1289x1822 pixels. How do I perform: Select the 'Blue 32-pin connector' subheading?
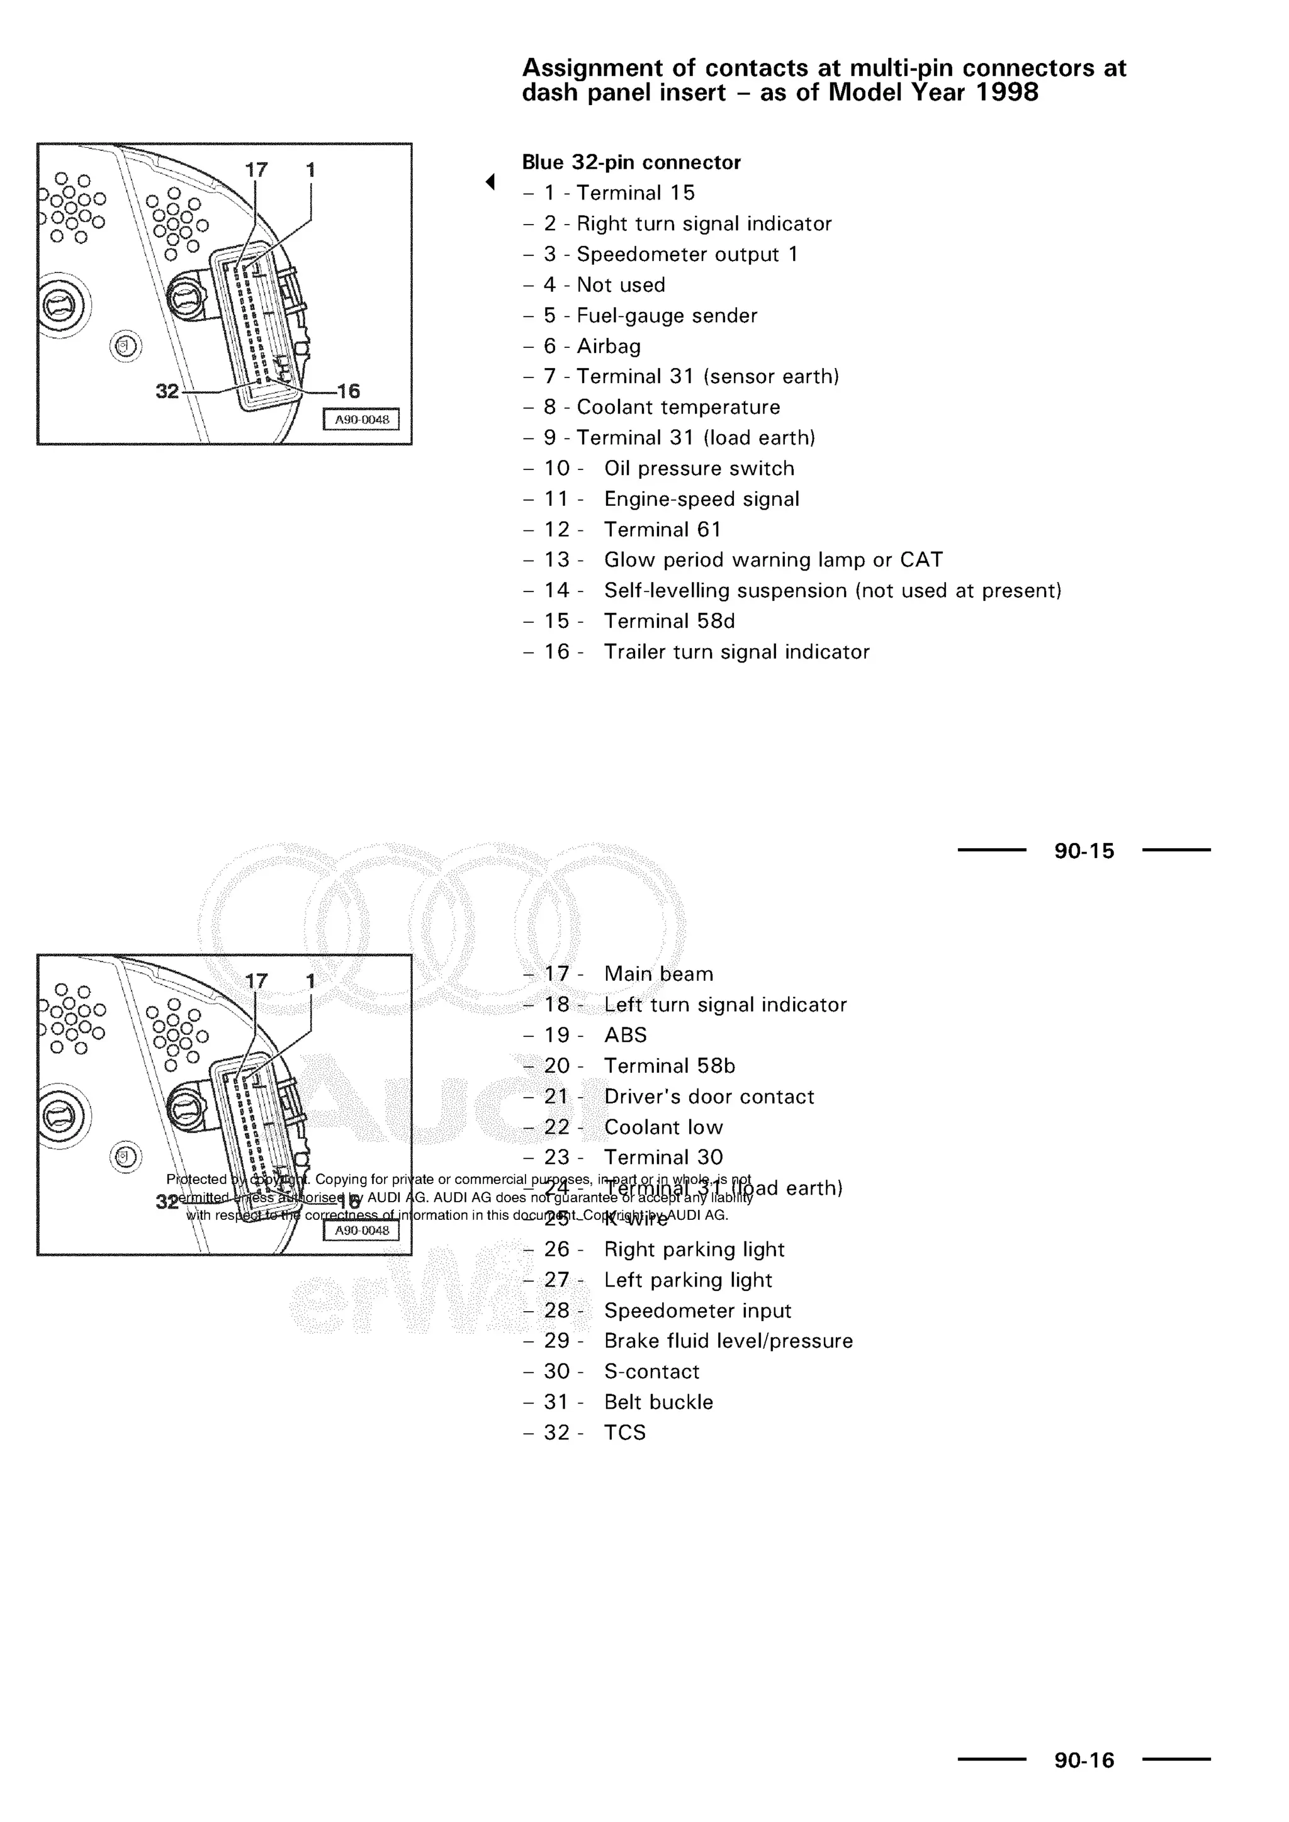[x=631, y=163]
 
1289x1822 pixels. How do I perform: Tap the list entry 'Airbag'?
[x=608, y=346]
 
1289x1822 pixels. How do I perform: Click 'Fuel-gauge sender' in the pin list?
[x=667, y=316]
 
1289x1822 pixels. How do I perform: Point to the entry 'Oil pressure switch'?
[x=699, y=468]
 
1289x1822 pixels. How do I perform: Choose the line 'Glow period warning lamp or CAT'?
[x=773, y=560]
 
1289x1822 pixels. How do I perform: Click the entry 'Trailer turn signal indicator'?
[x=736, y=652]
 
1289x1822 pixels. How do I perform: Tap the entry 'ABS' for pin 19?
[x=626, y=1036]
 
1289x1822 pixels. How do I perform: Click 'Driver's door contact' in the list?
[x=709, y=1097]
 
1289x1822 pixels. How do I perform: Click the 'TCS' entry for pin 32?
[x=624, y=1433]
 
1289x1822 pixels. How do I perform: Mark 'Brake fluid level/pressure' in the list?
[x=728, y=1341]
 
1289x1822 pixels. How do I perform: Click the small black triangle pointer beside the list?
[x=490, y=182]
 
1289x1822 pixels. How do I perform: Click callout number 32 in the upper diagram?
[x=167, y=391]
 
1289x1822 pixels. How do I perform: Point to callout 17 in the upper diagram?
[x=256, y=170]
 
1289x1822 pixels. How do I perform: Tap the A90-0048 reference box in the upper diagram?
[x=361, y=420]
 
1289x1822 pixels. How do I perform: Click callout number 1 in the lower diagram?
[x=310, y=981]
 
